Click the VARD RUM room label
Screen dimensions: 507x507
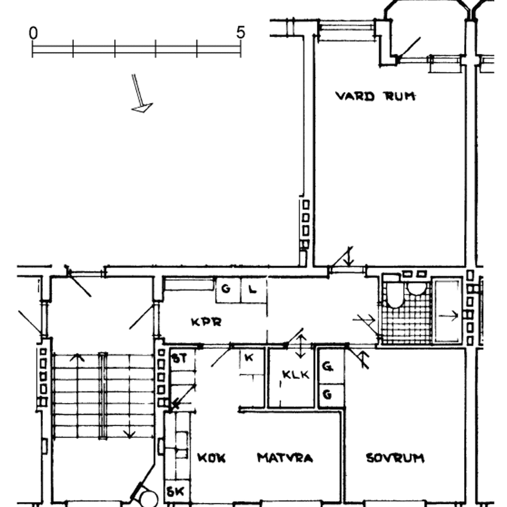pyautogui.click(x=375, y=96)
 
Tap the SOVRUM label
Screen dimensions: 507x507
pyautogui.click(x=395, y=458)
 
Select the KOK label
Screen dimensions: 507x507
pyautogui.click(x=211, y=458)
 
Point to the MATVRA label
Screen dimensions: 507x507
pyautogui.click(x=285, y=458)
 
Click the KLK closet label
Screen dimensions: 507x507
pyautogui.click(x=296, y=374)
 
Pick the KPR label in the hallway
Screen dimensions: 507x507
pyautogui.click(x=207, y=322)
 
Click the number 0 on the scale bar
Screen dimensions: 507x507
pyautogui.click(x=33, y=33)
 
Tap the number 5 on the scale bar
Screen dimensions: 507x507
pyautogui.click(x=241, y=32)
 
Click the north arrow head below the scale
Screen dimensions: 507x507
pyautogui.click(x=142, y=108)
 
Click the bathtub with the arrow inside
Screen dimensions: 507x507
pyautogui.click(x=448, y=311)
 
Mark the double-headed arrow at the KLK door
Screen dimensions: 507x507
pyautogui.click(x=301, y=346)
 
